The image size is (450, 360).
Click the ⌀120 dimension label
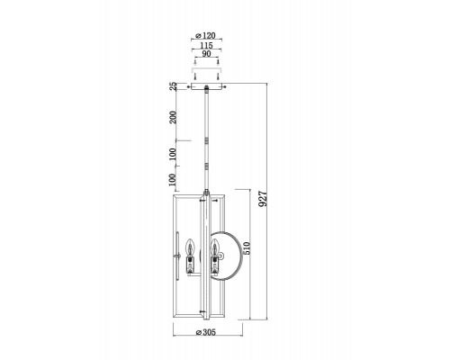click(x=205, y=35)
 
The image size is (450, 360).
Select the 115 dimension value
click(x=206, y=45)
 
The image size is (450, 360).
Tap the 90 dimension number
click(x=206, y=54)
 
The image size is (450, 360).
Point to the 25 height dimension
click(x=173, y=86)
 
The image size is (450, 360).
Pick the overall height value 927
click(x=263, y=199)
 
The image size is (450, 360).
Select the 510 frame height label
click(x=246, y=248)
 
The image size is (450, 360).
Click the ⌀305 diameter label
click(x=205, y=332)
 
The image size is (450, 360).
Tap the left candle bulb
click(x=190, y=246)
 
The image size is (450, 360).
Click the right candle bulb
click(x=215, y=246)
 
